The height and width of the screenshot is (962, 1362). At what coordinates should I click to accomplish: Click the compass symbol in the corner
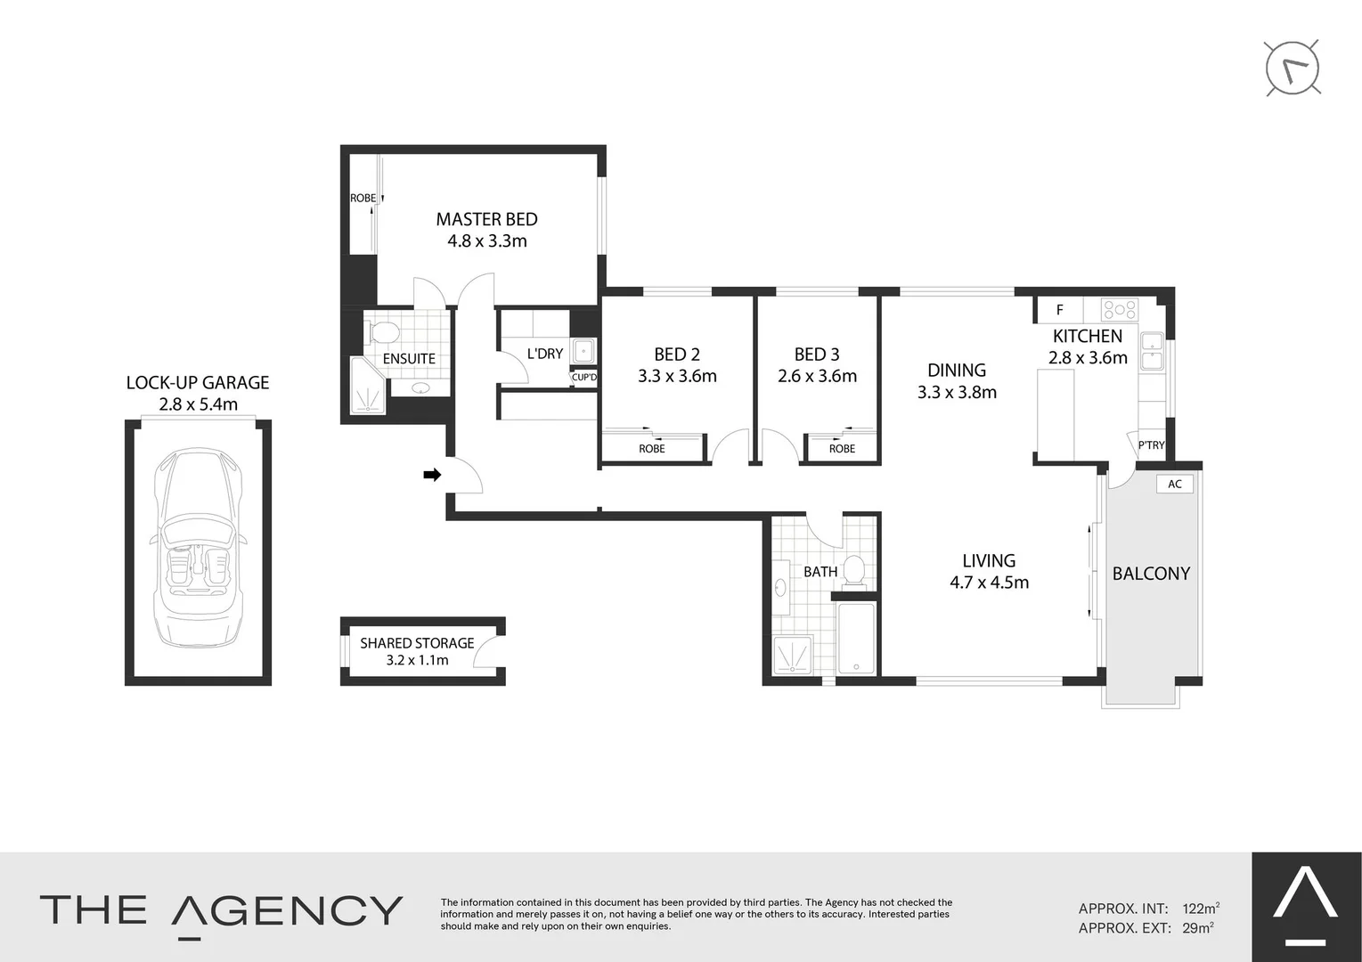pyautogui.click(x=1293, y=68)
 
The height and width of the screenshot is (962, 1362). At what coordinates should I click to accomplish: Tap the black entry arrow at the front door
pyautogui.click(x=432, y=475)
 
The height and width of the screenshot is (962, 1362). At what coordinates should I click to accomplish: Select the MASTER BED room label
pyautogui.click(x=486, y=219)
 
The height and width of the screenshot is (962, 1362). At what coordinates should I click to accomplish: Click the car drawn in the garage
pyautogui.click(x=198, y=548)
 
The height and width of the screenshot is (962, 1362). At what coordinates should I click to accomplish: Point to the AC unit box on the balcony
pyautogui.click(x=1175, y=484)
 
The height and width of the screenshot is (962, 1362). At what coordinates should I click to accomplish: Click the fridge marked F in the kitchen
pyautogui.click(x=1059, y=310)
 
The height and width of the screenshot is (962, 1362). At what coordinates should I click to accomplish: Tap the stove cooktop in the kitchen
pyautogui.click(x=1120, y=309)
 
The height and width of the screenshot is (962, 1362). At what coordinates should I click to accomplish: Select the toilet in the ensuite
pyautogui.click(x=385, y=332)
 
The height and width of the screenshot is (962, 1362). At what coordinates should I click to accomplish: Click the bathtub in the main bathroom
pyautogui.click(x=857, y=637)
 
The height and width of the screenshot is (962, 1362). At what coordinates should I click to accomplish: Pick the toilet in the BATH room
pyautogui.click(x=855, y=570)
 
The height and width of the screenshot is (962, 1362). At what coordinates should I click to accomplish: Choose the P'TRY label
pyautogui.click(x=1151, y=445)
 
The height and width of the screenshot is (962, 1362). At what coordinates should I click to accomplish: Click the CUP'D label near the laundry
pyautogui.click(x=584, y=377)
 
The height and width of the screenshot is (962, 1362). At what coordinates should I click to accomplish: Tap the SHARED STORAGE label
pyautogui.click(x=417, y=643)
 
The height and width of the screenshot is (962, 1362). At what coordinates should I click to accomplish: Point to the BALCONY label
pyautogui.click(x=1151, y=574)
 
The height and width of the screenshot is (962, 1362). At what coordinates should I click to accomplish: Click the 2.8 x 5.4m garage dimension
pyautogui.click(x=198, y=404)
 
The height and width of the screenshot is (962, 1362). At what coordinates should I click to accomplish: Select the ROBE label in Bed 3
pyautogui.click(x=842, y=449)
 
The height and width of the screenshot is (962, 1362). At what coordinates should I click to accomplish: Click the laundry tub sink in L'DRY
pyautogui.click(x=583, y=350)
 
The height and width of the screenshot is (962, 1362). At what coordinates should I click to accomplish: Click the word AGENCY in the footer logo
pyautogui.click(x=287, y=910)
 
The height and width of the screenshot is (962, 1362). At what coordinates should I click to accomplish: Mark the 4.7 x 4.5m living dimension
pyautogui.click(x=989, y=583)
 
